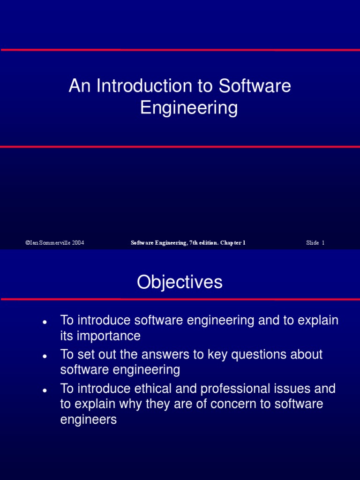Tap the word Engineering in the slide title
[x=189, y=108]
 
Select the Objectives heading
[x=180, y=282]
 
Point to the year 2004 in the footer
[x=77, y=243]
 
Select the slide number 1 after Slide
[x=323, y=243]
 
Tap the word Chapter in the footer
[x=231, y=243]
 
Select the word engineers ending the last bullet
[x=89, y=420]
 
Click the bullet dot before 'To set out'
[x=44, y=357]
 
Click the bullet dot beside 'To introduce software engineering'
[x=44, y=323]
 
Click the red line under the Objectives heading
[x=180, y=299]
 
